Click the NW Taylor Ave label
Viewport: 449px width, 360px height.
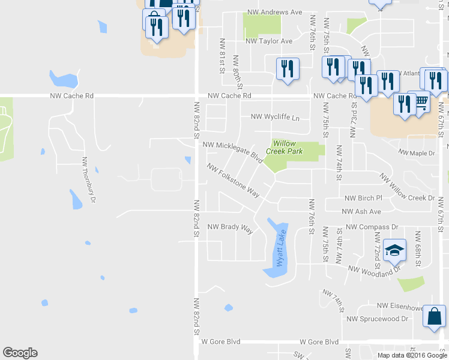coord(269,41)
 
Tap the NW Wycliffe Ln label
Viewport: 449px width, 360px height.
coord(275,117)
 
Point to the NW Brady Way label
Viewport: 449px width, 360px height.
coord(231,227)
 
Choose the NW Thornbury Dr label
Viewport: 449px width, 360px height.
coord(89,179)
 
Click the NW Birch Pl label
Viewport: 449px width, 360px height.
coord(363,198)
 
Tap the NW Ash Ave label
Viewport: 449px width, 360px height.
coord(361,212)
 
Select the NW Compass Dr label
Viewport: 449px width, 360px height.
coord(372,227)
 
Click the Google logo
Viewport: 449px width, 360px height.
coord(20,353)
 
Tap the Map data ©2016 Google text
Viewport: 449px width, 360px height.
coord(412,355)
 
